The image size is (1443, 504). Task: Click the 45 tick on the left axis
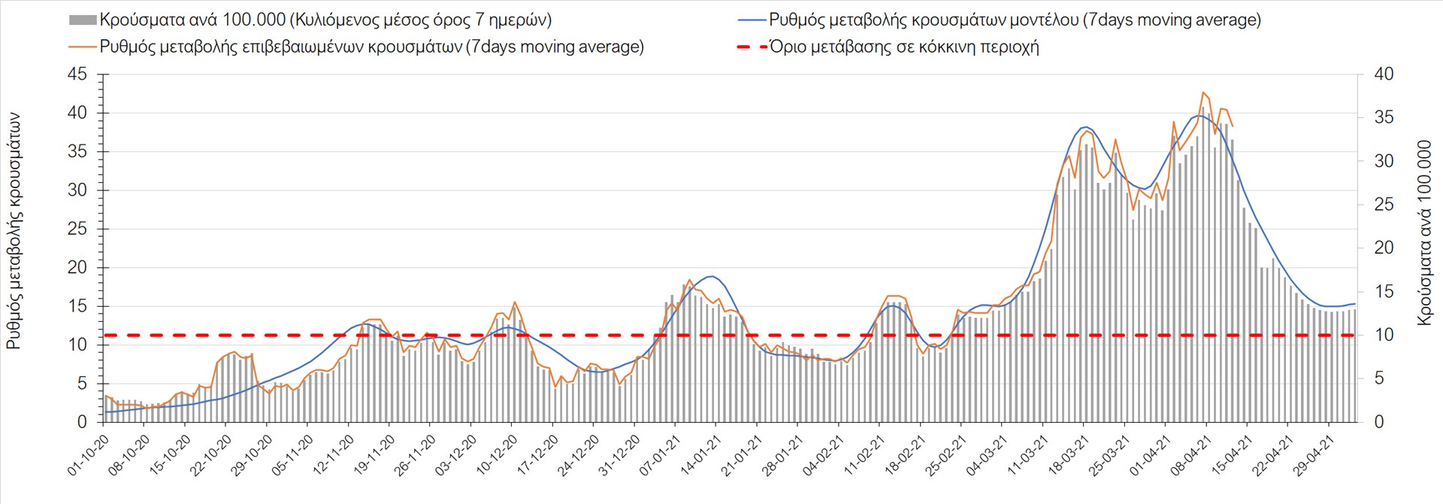(x=77, y=74)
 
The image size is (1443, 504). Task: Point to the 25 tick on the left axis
(x=77, y=229)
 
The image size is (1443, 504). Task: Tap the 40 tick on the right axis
(x=1384, y=74)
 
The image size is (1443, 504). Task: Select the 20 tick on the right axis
(x=1384, y=248)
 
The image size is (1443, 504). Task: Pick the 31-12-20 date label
(x=620, y=454)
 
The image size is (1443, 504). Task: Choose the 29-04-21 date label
(x=1313, y=454)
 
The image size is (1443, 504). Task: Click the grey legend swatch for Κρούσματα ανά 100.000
(x=83, y=20)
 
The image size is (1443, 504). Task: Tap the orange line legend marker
(x=83, y=47)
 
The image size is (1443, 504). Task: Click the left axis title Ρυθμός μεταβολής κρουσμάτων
(x=14, y=232)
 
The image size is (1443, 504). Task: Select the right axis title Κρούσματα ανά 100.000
(x=1424, y=232)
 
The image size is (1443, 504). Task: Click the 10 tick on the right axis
(x=1384, y=335)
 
